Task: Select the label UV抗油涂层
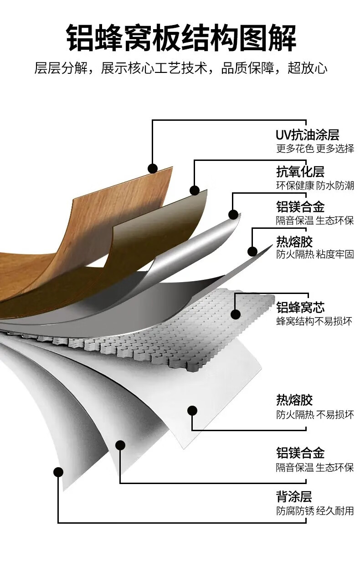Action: [307, 135]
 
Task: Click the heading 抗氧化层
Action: [300, 172]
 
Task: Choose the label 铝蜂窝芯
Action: [300, 307]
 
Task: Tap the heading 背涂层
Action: [294, 496]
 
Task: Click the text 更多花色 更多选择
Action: [314, 149]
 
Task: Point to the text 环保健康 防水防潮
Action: [314, 186]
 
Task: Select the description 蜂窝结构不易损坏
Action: [314, 321]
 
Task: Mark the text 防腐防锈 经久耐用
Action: [314, 510]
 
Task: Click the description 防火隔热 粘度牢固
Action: [314, 254]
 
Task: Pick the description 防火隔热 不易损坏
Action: [314, 415]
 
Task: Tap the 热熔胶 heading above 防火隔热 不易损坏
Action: [294, 400]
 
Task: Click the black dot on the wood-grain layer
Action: [153, 169]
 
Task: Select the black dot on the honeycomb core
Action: [236, 314]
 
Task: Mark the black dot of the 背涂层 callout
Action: [58, 472]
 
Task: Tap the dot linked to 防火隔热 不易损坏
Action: [192, 410]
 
